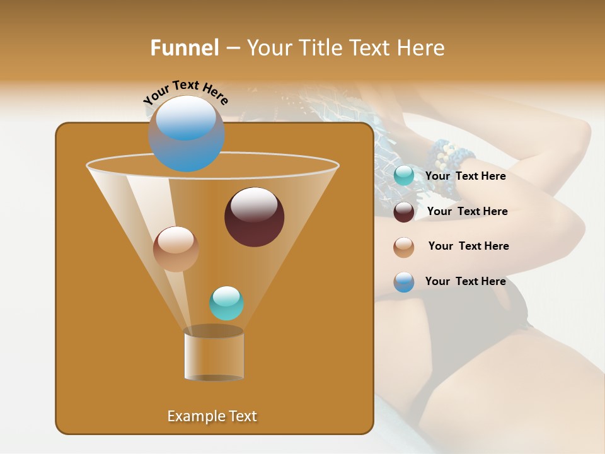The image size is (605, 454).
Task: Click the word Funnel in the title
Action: coord(184,48)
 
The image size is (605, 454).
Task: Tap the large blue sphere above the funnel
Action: coord(187,133)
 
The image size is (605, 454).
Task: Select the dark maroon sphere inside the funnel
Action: coord(255,217)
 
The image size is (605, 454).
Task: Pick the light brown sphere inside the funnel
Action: coord(176,249)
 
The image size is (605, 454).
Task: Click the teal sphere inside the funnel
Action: coord(226,303)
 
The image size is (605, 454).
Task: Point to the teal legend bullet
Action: coord(404,176)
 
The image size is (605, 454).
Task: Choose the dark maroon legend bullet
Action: coord(404,212)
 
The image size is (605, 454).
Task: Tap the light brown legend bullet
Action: coord(404,247)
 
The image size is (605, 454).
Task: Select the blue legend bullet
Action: coord(404,282)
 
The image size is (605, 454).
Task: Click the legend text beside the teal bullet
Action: coord(465,177)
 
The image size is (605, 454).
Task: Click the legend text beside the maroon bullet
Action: coord(467,212)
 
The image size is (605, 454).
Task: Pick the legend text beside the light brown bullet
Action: coord(468,247)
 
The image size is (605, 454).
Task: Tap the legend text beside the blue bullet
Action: coord(465,281)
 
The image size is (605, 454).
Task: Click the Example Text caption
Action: coord(212,416)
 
